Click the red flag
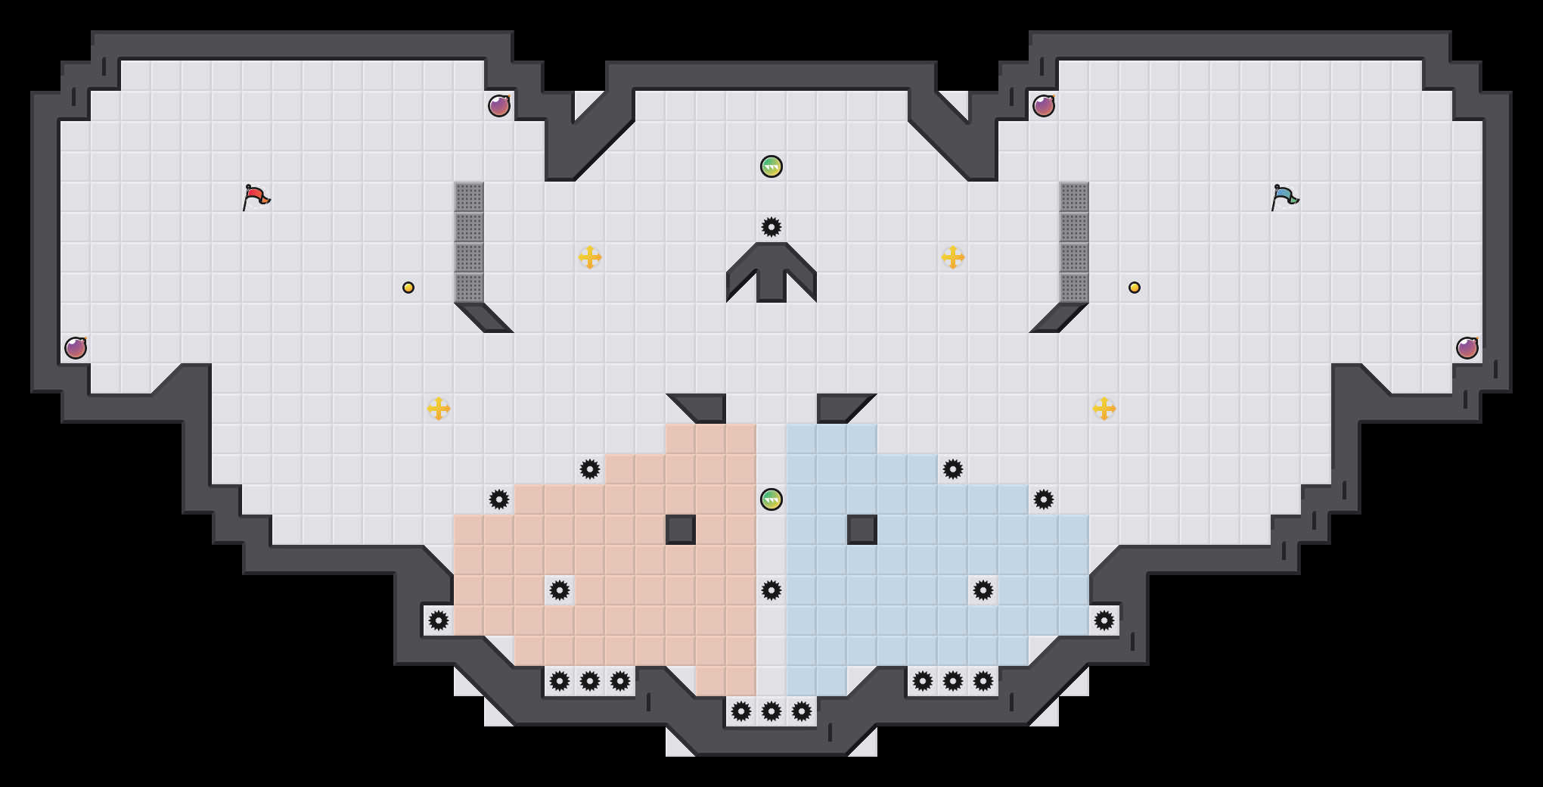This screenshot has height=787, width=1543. pyautogui.click(x=256, y=197)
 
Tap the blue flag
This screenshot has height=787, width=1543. pyautogui.click(x=1284, y=197)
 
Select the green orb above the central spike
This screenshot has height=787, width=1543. pyautogui.click(x=771, y=166)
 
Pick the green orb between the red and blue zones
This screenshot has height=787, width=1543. pyautogui.click(x=771, y=499)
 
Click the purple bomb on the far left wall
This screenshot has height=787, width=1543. pyautogui.click(x=76, y=348)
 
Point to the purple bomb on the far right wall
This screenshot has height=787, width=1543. pyautogui.click(x=1467, y=348)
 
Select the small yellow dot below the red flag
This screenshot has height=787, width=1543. pyautogui.click(x=408, y=288)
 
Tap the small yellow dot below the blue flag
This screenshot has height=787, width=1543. pyautogui.click(x=1135, y=288)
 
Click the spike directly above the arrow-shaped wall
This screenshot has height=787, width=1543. pyautogui.click(x=771, y=227)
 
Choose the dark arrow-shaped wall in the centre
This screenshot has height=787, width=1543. pyautogui.click(x=771, y=272)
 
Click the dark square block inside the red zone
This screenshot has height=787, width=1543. pyautogui.click(x=681, y=530)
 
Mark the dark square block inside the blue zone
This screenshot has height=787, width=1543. pyautogui.click(x=862, y=530)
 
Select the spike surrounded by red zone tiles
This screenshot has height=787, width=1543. pyautogui.click(x=560, y=590)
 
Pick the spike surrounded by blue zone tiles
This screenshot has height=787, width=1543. pyautogui.click(x=983, y=590)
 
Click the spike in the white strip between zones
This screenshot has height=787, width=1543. pyautogui.click(x=771, y=590)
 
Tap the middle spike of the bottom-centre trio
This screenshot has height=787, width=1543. pyautogui.click(x=771, y=711)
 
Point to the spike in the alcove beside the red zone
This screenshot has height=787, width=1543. pyautogui.click(x=439, y=621)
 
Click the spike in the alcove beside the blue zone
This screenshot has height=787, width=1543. pyautogui.click(x=1104, y=621)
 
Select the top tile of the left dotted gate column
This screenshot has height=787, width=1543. pyautogui.click(x=469, y=197)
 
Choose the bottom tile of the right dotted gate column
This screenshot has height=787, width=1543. pyautogui.click(x=1074, y=288)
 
